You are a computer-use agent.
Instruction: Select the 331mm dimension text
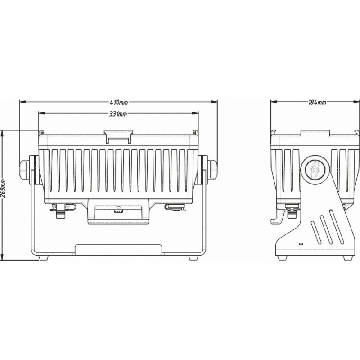118,114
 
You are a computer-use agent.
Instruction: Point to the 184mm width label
317,102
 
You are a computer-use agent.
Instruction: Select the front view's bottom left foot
43,258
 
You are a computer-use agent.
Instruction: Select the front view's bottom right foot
194,258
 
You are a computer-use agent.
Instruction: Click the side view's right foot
347,258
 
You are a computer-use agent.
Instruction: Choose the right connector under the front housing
175,207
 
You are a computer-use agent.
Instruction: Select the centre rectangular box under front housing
118,211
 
